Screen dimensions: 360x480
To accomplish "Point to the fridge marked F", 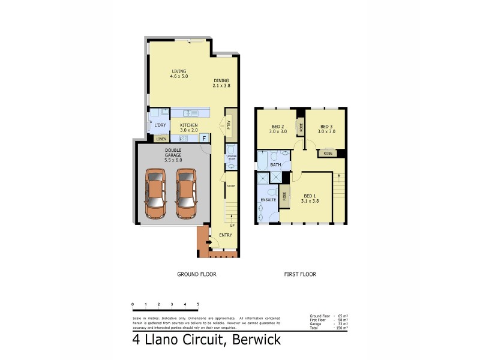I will (204, 138).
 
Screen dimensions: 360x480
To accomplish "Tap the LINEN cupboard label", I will (161, 139).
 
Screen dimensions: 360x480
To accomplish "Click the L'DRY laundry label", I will (160, 125).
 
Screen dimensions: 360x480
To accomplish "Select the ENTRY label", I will (226, 235).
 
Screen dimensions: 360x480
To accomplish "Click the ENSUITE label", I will (268, 199).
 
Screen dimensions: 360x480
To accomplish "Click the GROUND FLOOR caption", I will (196, 274).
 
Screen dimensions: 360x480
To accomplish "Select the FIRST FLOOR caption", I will (300, 274).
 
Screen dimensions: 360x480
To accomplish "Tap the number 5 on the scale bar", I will (197, 305).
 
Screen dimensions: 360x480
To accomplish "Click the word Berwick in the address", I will (250, 340).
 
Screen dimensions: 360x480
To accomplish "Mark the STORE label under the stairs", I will (231, 186).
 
